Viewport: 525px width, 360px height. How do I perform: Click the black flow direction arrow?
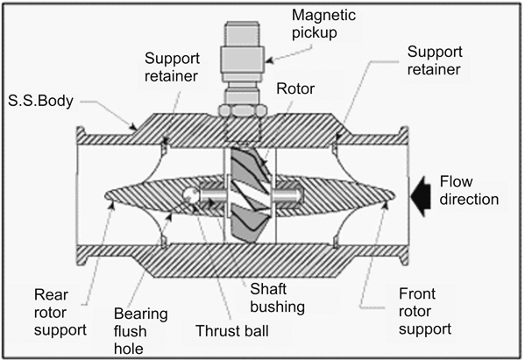tap(422, 196)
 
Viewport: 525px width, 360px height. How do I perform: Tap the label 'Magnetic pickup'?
tap(323, 25)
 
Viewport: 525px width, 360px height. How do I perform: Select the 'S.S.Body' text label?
tap(40, 101)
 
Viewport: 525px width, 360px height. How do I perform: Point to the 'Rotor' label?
tap(295, 88)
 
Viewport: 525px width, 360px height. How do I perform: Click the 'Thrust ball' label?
tap(232, 331)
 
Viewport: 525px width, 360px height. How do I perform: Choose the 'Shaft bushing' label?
tap(278, 298)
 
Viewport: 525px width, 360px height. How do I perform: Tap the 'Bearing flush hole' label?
tap(140, 331)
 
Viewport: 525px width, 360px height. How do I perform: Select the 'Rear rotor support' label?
tap(60, 312)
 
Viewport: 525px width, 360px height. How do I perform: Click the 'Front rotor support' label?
tap(425, 311)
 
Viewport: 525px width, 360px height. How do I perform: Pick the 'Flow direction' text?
tap(469, 190)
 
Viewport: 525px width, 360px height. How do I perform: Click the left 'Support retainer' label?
tap(172, 67)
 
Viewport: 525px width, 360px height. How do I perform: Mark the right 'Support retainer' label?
tap(435, 60)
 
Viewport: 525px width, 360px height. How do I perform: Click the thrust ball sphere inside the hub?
tap(191, 195)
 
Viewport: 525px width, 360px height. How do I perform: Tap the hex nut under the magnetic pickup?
tap(242, 109)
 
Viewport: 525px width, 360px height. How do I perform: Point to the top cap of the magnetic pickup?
tap(242, 32)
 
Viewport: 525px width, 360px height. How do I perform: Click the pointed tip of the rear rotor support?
tap(105, 195)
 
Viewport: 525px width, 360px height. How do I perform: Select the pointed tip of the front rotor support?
tap(394, 195)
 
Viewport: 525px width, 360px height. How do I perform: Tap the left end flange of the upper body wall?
tap(81, 136)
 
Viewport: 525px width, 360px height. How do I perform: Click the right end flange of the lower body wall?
tap(404, 255)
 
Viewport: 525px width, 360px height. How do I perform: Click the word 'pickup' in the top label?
tap(314, 33)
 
